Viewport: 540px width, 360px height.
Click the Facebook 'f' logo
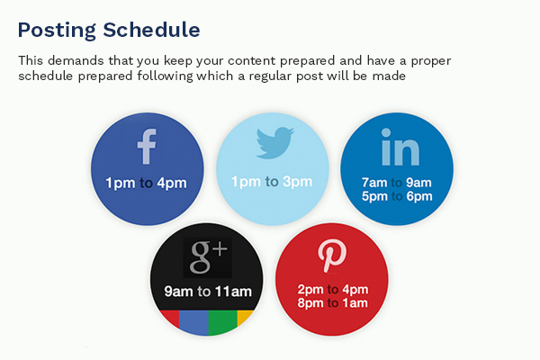click(147, 147)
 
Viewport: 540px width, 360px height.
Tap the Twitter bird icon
click(274, 143)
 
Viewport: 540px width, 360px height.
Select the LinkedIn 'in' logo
click(400, 147)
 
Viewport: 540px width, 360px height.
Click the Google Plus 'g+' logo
click(208, 257)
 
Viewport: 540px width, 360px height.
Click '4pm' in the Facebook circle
click(172, 183)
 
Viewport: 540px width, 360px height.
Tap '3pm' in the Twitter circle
click(297, 182)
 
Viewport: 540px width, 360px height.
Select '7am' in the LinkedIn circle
click(374, 182)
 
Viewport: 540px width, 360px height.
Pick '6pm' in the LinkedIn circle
click(419, 196)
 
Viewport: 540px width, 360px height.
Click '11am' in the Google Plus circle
click(233, 292)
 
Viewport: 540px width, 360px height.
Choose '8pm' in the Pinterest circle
click(310, 303)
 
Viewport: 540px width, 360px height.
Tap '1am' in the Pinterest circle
click(355, 303)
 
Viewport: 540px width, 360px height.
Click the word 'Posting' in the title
click(57, 31)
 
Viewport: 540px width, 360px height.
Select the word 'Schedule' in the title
click(151, 30)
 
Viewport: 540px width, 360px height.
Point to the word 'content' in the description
click(251, 60)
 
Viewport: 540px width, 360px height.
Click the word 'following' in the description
click(165, 76)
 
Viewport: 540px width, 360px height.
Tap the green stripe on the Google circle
click(222, 322)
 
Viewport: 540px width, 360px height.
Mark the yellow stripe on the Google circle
click(244, 317)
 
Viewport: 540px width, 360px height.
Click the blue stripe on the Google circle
click(193, 322)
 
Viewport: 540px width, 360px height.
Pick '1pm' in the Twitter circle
click(246, 182)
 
